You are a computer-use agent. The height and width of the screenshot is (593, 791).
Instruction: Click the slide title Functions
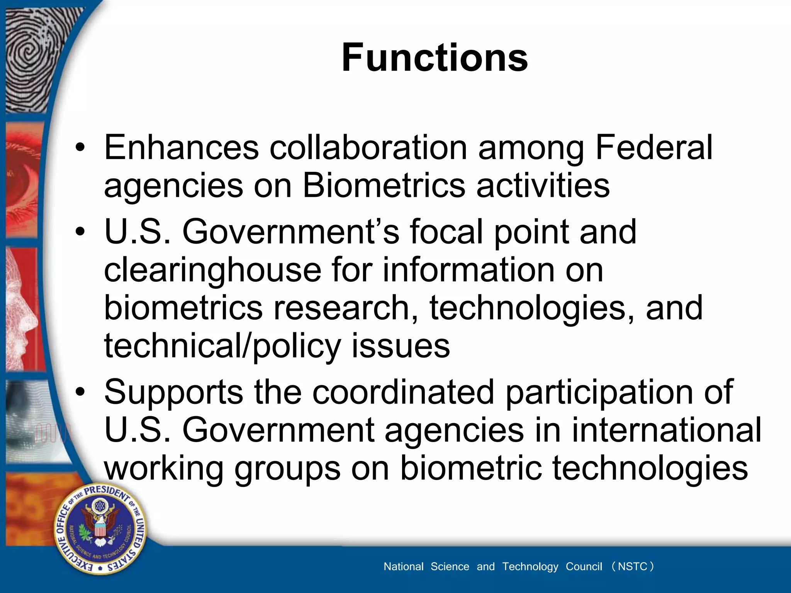[435, 58]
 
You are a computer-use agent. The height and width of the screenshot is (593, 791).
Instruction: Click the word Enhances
[181, 147]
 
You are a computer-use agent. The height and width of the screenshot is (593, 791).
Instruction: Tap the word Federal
[654, 147]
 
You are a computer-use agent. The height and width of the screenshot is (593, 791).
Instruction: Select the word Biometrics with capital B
[384, 185]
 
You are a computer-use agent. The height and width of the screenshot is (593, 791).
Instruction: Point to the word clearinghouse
[212, 270]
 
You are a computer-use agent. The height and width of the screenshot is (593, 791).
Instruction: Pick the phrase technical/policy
[222, 346]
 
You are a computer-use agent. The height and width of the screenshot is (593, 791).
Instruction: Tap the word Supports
[173, 392]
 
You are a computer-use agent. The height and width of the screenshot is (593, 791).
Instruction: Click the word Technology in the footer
[530, 567]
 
